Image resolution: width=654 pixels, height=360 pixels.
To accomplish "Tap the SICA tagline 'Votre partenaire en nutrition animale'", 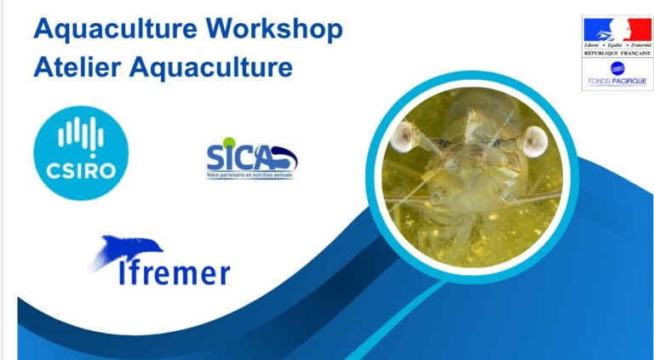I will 250,175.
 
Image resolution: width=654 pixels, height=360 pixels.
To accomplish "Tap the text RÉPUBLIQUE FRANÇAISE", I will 617,53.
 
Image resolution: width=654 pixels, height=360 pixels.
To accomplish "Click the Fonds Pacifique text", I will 617,82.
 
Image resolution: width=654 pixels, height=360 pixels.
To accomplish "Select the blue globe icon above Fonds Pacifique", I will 617,68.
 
